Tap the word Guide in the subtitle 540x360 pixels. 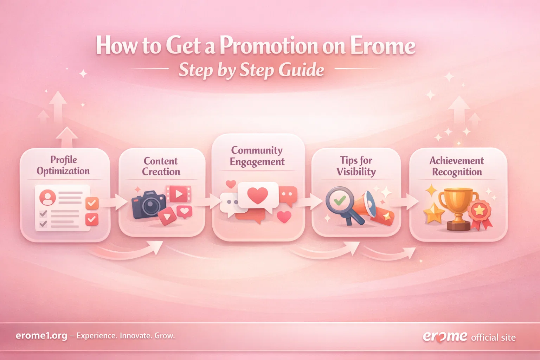(x=301, y=70)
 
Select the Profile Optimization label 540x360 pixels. (x=63, y=165)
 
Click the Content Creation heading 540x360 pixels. (x=161, y=166)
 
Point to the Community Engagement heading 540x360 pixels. (x=257, y=156)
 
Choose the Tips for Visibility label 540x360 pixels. (x=356, y=166)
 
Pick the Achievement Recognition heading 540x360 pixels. (x=457, y=166)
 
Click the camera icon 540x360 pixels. (x=149, y=205)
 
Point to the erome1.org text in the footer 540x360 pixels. (x=41, y=336)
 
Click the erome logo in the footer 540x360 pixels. (x=445, y=336)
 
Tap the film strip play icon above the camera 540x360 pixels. (x=179, y=194)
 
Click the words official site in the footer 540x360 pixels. (x=493, y=338)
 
